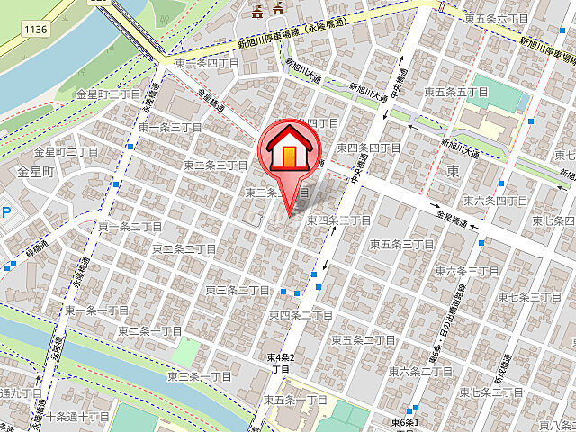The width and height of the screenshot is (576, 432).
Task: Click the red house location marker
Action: coord(288,152)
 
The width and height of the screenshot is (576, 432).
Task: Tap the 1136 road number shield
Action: coord(36,30)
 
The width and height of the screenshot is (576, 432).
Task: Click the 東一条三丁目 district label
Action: coord(170,128)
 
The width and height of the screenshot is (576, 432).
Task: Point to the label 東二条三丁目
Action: coord(215,166)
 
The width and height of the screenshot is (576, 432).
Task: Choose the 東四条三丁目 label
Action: coord(339,220)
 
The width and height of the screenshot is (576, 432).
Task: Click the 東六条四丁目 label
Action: coord(496,199)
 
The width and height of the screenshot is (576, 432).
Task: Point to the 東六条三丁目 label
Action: coord(467,270)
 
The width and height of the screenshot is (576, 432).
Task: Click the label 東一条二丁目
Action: coord(130,227)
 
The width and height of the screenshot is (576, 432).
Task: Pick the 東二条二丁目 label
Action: coord(184,248)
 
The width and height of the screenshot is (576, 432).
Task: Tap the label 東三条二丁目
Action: coord(237,290)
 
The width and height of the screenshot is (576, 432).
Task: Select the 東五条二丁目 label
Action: coord(363,339)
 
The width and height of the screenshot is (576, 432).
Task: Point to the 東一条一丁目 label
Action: coord(95,310)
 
